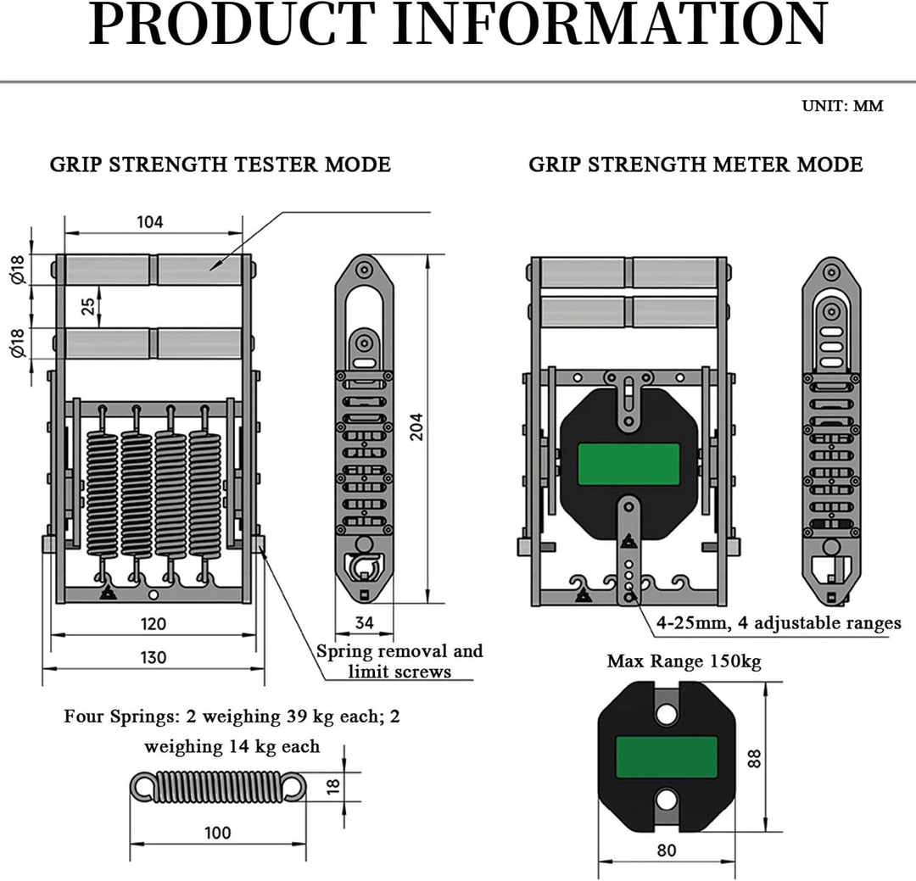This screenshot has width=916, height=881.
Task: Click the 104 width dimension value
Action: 150,222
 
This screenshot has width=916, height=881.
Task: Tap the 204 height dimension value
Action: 416,427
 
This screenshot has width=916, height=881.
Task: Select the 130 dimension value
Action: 153,657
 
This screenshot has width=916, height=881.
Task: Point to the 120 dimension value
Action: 153,624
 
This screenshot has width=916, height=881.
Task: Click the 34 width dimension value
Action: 365,622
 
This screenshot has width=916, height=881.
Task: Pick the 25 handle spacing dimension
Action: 87,306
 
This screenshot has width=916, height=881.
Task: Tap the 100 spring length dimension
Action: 218,833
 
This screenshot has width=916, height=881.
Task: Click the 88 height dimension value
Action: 755,758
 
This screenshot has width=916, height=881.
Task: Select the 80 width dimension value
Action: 667,850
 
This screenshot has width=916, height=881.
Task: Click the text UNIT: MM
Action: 842,106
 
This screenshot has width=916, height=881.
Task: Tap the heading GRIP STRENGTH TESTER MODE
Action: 221,164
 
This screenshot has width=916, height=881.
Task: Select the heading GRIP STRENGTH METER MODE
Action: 695,164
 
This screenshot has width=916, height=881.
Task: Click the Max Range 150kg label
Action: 684,661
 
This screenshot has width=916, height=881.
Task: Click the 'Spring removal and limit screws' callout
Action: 399,661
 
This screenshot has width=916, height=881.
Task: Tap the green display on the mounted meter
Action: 628,464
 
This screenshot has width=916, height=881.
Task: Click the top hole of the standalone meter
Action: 666,713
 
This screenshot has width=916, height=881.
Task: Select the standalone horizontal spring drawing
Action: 217,786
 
